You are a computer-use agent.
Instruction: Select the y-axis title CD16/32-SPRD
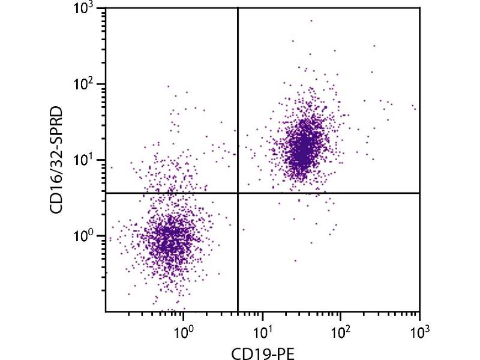[x=58, y=161]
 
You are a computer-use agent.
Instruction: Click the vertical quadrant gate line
[x=238, y=108]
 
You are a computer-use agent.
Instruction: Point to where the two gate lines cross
[x=238, y=193]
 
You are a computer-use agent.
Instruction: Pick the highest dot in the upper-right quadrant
[x=311, y=20]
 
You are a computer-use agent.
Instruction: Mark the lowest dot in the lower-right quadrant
[x=295, y=260]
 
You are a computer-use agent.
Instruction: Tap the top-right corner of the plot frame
[x=419, y=8]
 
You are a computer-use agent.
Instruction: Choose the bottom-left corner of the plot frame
[x=106, y=311]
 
